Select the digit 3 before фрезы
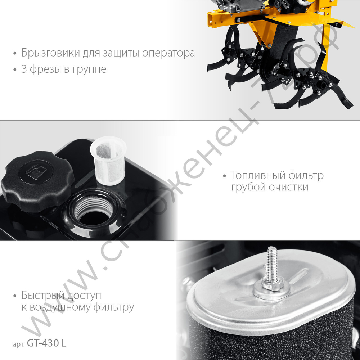24,69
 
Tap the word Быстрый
42,296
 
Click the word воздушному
68,308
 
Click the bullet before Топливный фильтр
225,176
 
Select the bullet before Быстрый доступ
15,296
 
